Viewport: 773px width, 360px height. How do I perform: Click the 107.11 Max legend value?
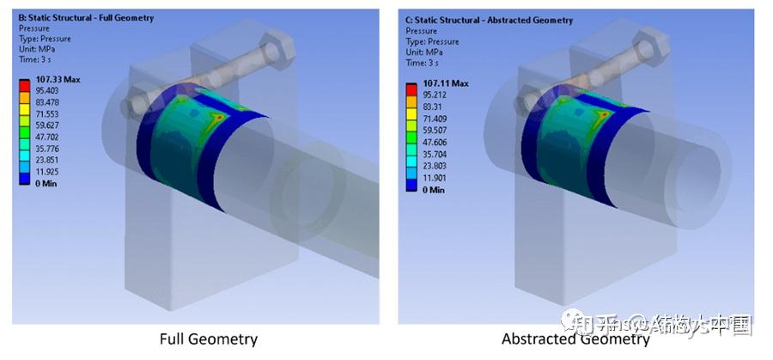(x=446, y=83)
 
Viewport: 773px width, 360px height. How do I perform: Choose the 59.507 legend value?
(x=439, y=129)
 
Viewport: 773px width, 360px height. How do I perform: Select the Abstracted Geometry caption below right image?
(x=575, y=339)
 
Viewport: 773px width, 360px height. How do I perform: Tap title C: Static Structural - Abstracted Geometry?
(x=477, y=20)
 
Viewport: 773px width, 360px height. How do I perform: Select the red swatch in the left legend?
(x=25, y=83)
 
